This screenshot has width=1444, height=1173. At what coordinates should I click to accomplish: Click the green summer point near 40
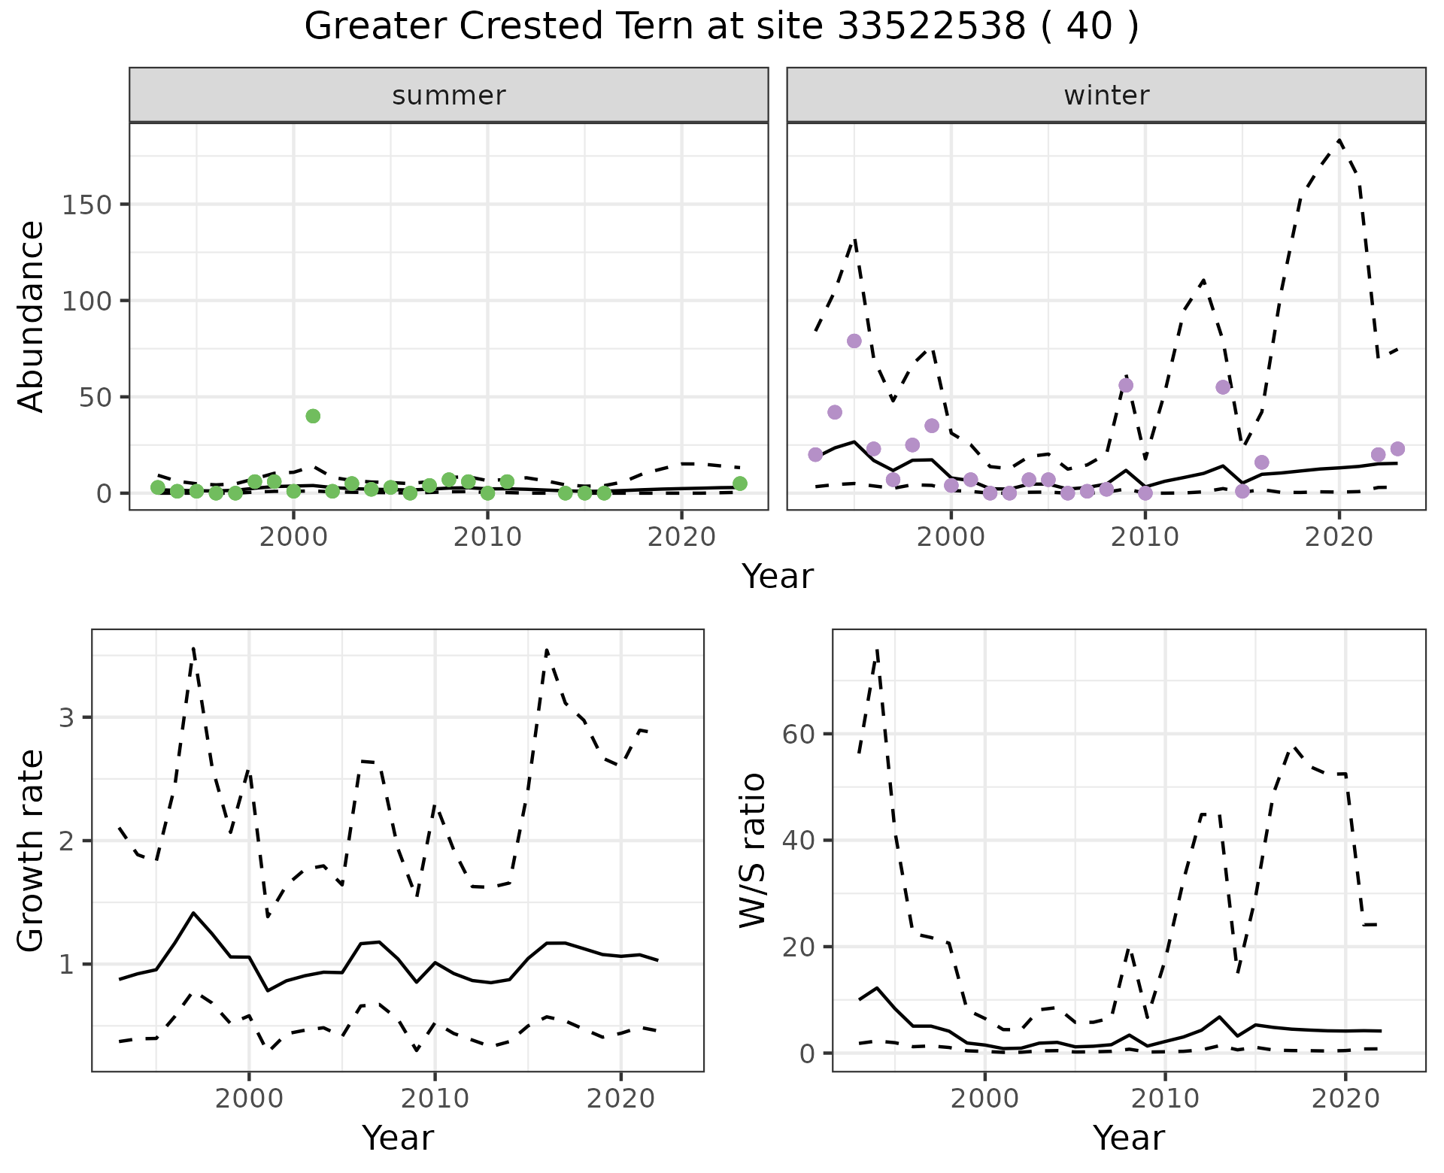click(313, 416)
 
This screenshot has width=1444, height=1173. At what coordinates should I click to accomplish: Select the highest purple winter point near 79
click(854, 341)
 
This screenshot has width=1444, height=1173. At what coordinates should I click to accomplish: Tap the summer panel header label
click(449, 95)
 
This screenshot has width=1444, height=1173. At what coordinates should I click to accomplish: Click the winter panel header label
click(1106, 95)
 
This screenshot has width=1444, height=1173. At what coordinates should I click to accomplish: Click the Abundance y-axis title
click(32, 317)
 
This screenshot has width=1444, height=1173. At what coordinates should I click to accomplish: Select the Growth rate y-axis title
click(32, 850)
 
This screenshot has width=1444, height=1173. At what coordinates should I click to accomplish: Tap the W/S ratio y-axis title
click(752, 850)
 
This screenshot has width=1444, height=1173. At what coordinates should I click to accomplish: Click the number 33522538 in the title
click(931, 27)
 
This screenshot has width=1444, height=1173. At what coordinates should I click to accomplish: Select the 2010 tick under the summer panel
click(487, 537)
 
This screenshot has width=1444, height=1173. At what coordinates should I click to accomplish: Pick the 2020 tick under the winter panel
click(1339, 537)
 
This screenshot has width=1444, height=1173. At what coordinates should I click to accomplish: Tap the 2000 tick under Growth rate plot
click(249, 1099)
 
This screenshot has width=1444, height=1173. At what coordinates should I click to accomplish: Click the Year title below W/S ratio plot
click(1128, 1138)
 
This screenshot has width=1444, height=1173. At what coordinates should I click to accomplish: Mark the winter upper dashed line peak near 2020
click(1339, 140)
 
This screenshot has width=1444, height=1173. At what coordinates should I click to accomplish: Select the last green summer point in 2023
click(739, 483)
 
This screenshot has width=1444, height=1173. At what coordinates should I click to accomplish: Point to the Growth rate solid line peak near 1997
click(193, 913)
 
